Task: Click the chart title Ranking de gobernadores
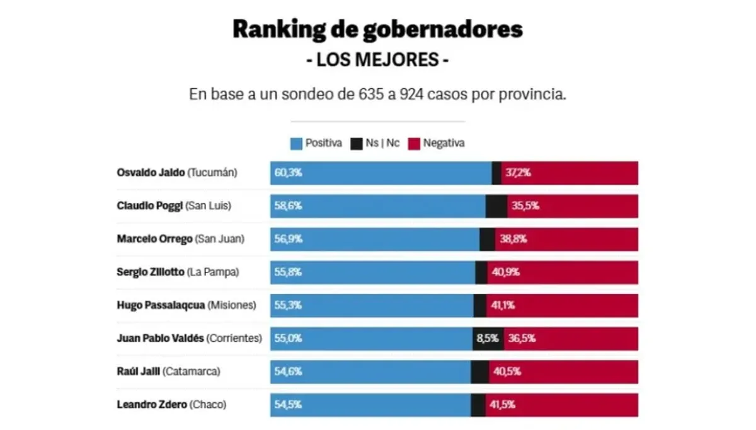(377, 30)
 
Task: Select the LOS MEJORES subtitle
(377, 61)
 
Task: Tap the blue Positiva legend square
(296, 144)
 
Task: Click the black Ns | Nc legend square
(357, 144)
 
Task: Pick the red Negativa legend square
(415, 144)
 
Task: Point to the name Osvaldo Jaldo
(151, 173)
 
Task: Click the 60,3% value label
(288, 173)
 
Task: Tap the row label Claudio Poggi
(150, 206)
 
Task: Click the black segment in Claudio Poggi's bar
(496, 206)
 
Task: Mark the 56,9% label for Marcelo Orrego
(288, 240)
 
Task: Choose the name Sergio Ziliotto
(151, 272)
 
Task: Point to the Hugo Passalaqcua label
(161, 305)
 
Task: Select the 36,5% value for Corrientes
(523, 339)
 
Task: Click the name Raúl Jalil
(139, 371)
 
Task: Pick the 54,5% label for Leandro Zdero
(288, 405)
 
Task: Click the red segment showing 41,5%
(561, 405)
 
